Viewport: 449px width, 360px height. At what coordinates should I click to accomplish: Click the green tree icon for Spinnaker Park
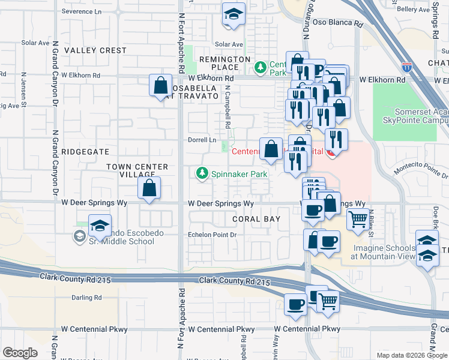pos(202,174)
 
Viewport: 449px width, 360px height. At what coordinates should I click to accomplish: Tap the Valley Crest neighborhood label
pos(95,51)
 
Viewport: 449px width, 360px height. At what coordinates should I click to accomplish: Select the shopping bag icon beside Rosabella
pos(161,86)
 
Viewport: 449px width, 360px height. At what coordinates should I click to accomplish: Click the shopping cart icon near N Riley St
pos(358,220)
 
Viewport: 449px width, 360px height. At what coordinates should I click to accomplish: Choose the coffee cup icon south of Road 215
pos(295,304)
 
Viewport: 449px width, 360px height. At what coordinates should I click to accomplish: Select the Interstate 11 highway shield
pos(407,67)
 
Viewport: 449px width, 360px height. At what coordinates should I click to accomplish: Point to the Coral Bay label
pos(256,219)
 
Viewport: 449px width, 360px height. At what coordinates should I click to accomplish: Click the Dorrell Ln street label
pos(203,140)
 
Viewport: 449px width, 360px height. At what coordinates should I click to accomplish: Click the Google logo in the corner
pos(20,353)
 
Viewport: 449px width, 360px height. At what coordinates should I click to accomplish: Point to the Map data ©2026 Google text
pos(411,355)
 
